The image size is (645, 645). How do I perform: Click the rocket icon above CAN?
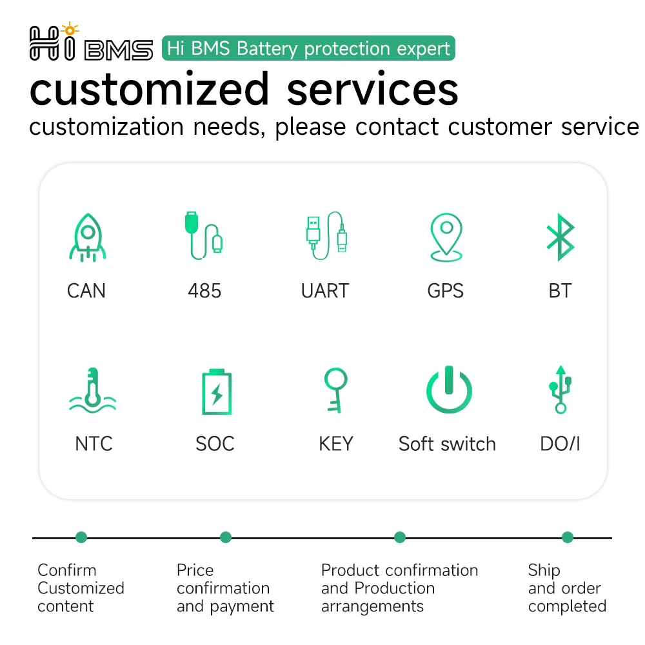88,237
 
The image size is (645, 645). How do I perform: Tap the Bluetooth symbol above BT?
561,237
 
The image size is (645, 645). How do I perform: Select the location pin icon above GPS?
446,237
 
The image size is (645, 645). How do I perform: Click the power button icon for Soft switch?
449,390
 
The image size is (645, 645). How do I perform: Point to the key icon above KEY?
335,390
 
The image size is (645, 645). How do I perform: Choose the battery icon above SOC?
217,392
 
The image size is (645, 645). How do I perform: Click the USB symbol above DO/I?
561,390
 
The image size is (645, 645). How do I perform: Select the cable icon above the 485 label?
204,235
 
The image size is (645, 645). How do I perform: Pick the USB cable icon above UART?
326,235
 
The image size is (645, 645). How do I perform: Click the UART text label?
325,291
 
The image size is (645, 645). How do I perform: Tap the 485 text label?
204,291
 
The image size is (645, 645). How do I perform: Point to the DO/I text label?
560,444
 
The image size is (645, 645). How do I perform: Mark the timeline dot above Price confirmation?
226,537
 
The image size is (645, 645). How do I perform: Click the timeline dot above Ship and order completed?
568,537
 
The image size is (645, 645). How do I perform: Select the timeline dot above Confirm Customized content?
81,537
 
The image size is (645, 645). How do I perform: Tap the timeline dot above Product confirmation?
400,537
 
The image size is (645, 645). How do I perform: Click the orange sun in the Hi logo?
70,30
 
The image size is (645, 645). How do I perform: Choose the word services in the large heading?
372,89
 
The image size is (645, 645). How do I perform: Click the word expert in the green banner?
423,49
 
